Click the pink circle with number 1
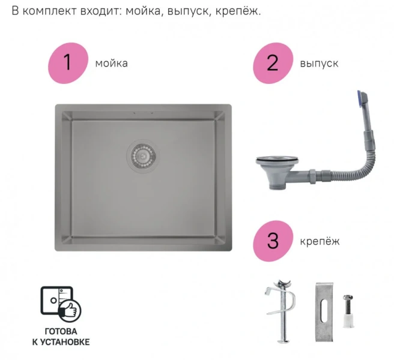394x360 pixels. (68, 62)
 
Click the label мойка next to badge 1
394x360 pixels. (112, 63)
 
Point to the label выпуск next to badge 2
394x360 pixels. (319, 63)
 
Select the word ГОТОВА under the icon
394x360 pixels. (61, 331)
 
